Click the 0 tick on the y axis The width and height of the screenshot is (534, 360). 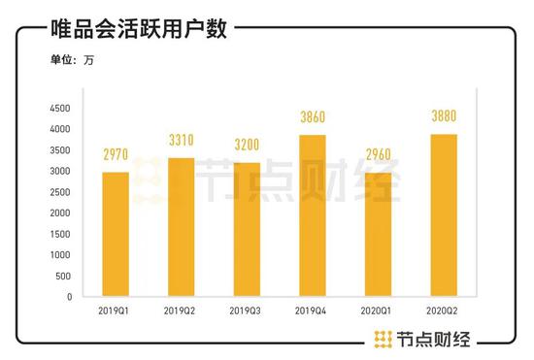point(69,297)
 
